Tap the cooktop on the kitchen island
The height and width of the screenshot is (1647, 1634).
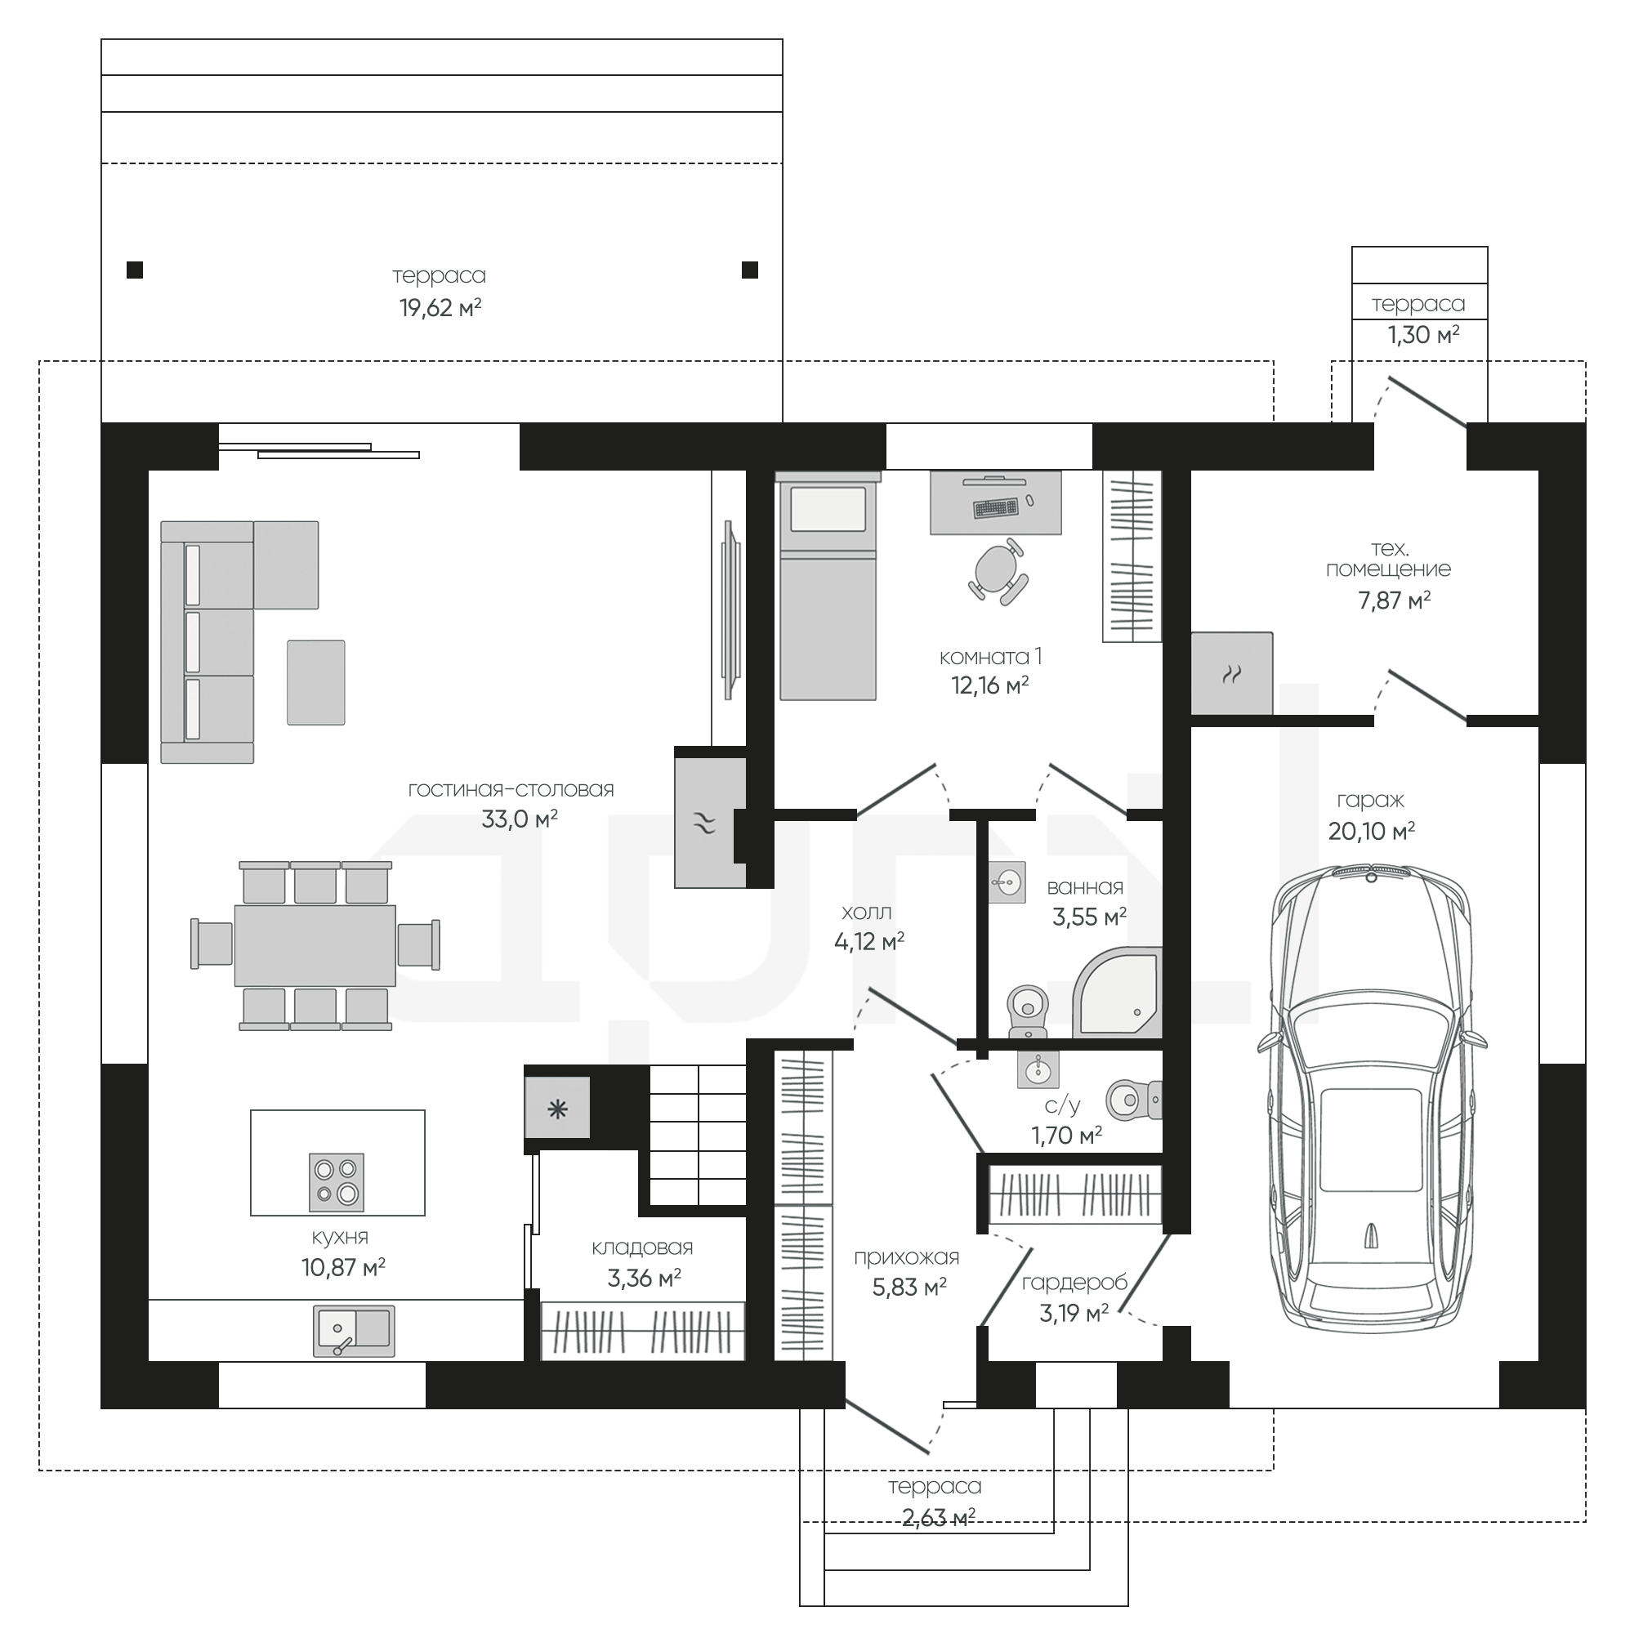point(337,1181)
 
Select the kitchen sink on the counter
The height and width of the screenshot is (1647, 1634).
point(354,1331)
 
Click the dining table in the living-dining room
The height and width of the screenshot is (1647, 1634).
point(315,945)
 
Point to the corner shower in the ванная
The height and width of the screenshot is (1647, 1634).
point(1117,993)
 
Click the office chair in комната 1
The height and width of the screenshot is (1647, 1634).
point(998,571)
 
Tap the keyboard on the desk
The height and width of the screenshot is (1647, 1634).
point(995,508)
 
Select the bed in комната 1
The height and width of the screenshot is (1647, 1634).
point(828,587)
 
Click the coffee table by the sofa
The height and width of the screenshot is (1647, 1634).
point(316,682)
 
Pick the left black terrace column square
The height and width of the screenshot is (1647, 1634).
point(135,270)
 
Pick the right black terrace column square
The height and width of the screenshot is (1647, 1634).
point(750,270)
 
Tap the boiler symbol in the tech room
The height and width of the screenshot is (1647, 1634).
point(1232,673)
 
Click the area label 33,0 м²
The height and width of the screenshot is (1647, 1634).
point(520,819)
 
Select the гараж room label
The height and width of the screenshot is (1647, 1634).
point(1371,801)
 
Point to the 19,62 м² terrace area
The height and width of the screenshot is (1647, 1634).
point(440,308)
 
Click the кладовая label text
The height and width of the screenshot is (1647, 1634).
point(642,1248)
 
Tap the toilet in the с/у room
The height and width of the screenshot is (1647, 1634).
point(1135,1100)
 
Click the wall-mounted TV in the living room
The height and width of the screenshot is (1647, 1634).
point(731,609)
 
